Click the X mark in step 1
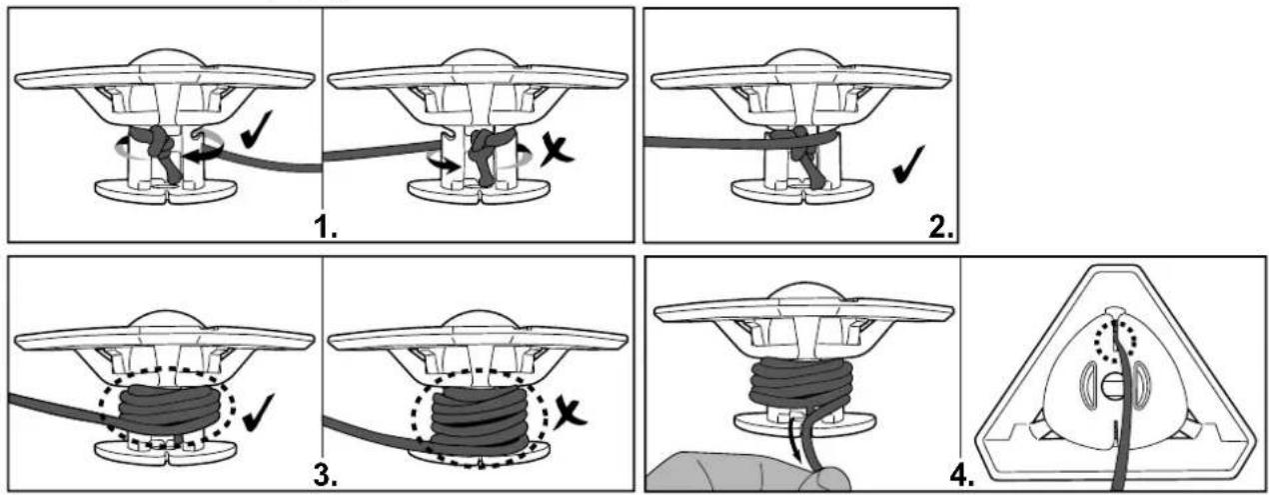(x=557, y=150)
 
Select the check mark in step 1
(x=256, y=128)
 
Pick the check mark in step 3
(x=258, y=412)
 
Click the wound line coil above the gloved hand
(x=801, y=386)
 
